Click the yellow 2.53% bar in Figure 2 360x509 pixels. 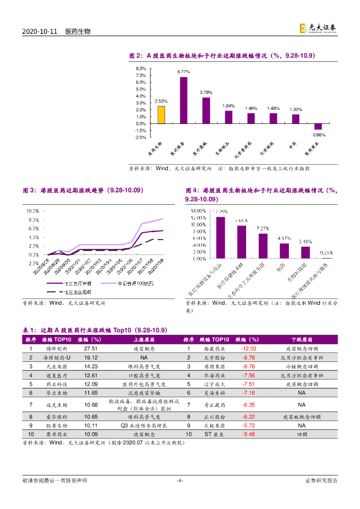[161, 115]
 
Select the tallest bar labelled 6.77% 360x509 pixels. [183, 100]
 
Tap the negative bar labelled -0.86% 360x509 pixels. [318, 127]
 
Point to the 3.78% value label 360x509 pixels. [206, 92]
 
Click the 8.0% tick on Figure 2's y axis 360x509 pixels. [141, 69]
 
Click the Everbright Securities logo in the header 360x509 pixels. [318, 29]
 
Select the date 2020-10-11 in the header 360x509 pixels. [40, 31]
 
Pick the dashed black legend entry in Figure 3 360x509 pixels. [70, 292]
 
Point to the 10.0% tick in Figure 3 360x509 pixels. [33, 211]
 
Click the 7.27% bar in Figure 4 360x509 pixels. [263, 246]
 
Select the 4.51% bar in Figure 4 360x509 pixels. [284, 251]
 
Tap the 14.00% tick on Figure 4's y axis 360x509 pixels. [197, 211]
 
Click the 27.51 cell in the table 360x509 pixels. [90, 349]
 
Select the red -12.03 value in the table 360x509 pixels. [249, 349]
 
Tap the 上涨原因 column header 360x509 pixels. [144, 339]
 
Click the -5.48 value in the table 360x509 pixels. [249, 434]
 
